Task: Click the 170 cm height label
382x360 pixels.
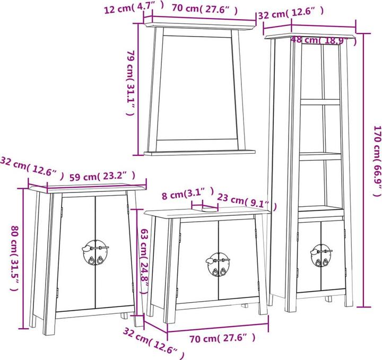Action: tap(377, 161)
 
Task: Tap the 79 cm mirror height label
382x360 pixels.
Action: tap(131, 83)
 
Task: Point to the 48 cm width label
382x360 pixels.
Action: tap(324, 40)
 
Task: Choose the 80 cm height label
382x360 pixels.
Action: tap(15, 258)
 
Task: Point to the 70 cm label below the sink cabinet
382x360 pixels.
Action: tap(222, 338)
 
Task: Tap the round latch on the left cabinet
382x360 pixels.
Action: tap(95, 252)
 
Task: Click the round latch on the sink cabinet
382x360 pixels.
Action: tap(218, 265)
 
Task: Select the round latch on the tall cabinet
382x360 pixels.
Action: tap(321, 255)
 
